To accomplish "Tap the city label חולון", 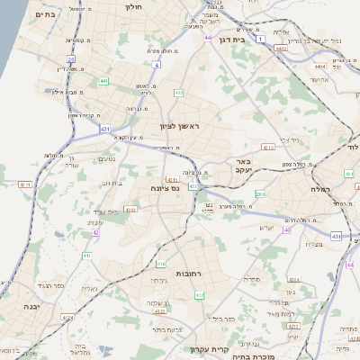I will pyautogui.click(x=131, y=5).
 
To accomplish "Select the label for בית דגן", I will pyautogui.click(x=232, y=40).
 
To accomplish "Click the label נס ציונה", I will pyautogui.click(x=166, y=189).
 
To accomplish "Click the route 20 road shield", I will pyautogui.click(x=71, y=59).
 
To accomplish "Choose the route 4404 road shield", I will pyautogui.click(x=320, y=66).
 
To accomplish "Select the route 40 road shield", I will pyautogui.click(x=287, y=229).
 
